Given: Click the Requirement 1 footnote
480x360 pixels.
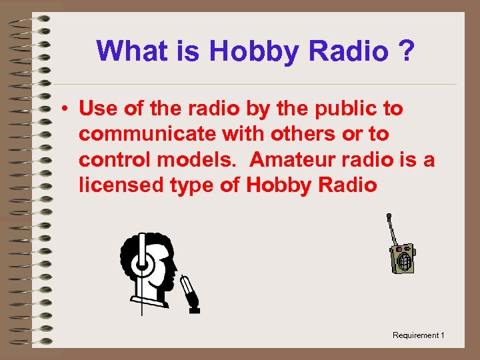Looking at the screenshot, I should (x=418, y=335).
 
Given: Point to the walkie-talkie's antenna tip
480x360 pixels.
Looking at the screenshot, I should (x=389, y=216).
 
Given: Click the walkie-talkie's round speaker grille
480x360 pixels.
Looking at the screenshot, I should (x=403, y=262).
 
